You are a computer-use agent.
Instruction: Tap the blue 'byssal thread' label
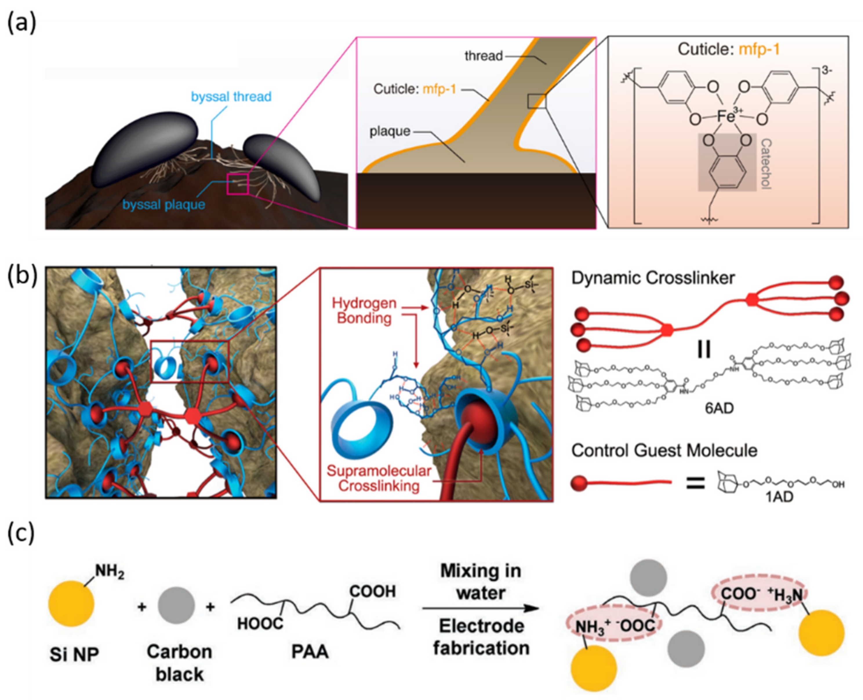(x=231, y=97)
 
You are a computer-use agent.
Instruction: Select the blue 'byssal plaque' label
(x=163, y=205)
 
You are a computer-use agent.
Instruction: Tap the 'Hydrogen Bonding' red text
(x=364, y=310)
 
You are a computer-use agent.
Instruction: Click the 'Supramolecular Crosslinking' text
(x=379, y=478)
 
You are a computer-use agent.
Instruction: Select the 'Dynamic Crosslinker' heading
(x=653, y=278)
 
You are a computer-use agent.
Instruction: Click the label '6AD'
(x=719, y=408)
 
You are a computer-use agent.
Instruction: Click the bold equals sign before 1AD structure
(x=696, y=483)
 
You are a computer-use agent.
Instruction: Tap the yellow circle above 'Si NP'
(x=71, y=603)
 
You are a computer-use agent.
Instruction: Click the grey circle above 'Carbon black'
(x=176, y=605)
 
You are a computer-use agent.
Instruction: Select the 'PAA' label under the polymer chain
(x=310, y=652)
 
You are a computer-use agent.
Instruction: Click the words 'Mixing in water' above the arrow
(x=480, y=582)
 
